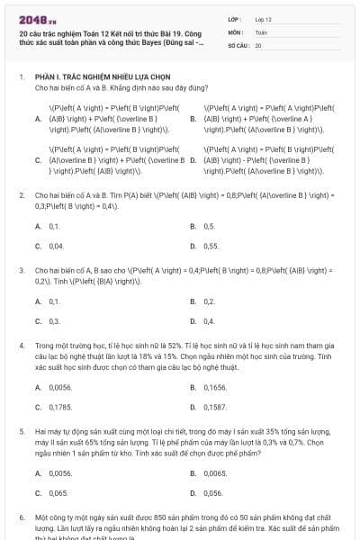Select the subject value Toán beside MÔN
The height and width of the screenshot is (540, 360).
[261, 31]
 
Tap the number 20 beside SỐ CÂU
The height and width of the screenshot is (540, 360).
[258, 44]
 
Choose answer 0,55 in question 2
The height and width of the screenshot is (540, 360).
[211, 245]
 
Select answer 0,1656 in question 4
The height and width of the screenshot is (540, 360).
[214, 387]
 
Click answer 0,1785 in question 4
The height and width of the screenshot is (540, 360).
[59, 407]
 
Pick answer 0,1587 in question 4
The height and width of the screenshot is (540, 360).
[214, 407]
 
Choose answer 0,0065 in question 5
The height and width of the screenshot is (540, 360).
[214, 473]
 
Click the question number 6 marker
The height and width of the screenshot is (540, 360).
[22, 519]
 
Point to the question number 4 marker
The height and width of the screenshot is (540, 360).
[22, 345]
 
